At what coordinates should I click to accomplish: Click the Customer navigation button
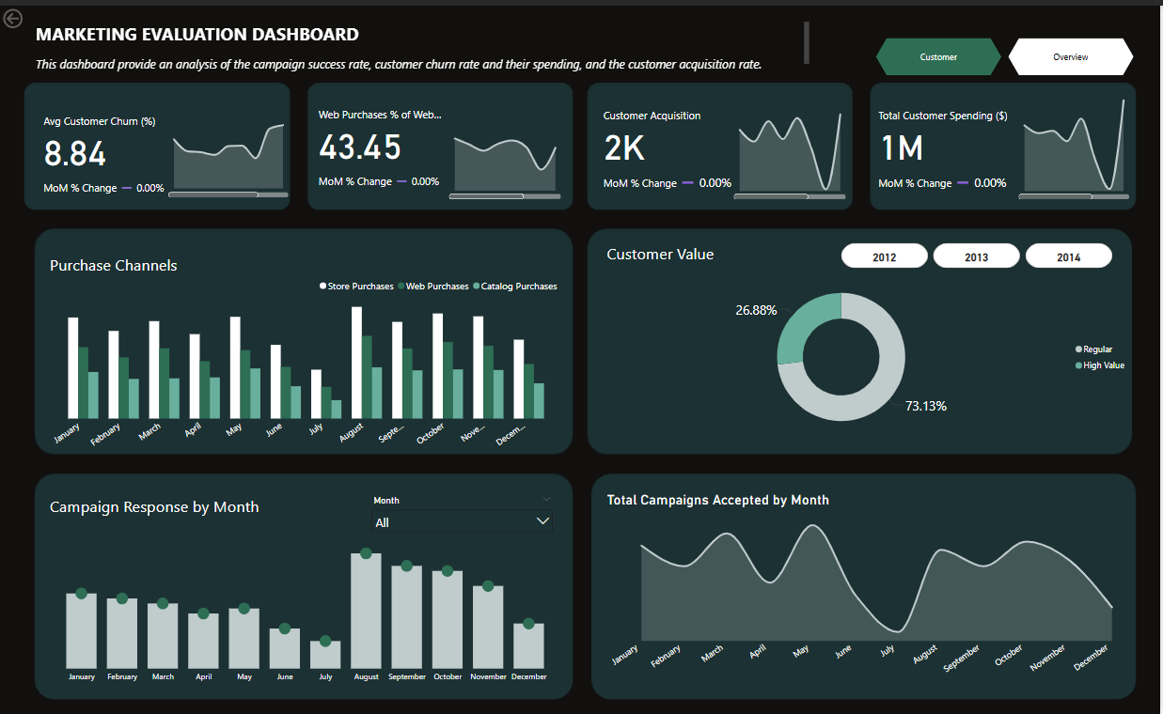click(x=937, y=57)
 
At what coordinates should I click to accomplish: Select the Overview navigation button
click(x=1070, y=57)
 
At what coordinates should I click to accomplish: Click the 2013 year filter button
click(x=976, y=256)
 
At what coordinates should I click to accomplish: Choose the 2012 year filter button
click(x=884, y=256)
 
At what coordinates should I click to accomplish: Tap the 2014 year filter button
click(x=1068, y=256)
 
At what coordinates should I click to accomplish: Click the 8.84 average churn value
click(x=75, y=154)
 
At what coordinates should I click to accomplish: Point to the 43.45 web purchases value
click(x=360, y=147)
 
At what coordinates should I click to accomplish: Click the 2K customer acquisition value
click(x=624, y=148)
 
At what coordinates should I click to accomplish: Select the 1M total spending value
click(x=901, y=148)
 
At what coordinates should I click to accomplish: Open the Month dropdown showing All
click(x=462, y=521)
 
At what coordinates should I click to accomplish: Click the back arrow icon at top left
click(x=13, y=18)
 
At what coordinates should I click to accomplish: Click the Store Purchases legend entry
click(x=356, y=287)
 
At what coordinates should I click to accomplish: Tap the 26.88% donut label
click(x=757, y=310)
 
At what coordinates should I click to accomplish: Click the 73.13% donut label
click(x=926, y=406)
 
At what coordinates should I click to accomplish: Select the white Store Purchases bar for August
click(x=357, y=362)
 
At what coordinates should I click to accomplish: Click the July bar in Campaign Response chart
click(x=325, y=655)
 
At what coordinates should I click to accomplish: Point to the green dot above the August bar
click(x=366, y=553)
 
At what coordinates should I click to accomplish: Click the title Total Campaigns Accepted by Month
click(x=718, y=500)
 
